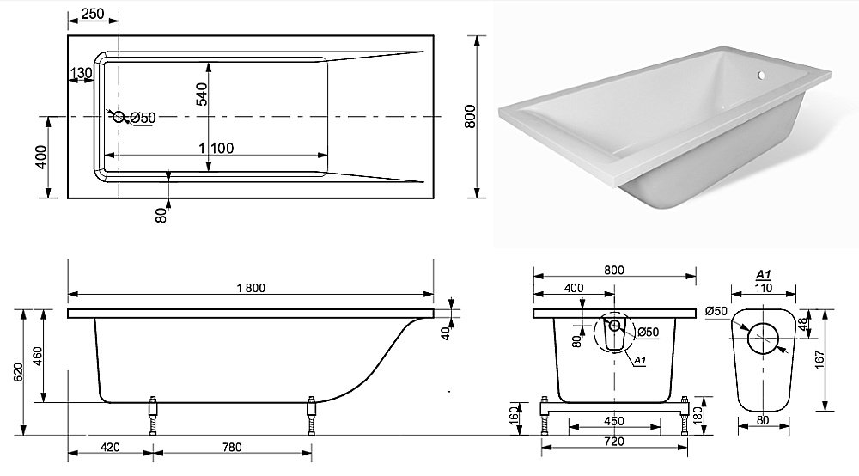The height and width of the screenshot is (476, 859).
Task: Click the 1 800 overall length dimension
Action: point(251,290)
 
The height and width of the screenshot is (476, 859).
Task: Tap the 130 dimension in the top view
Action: point(81,73)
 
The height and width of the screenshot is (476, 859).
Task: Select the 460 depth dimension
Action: point(38,357)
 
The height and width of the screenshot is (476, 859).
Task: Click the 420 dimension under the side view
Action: point(110,447)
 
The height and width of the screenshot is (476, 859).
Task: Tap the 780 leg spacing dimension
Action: point(231,447)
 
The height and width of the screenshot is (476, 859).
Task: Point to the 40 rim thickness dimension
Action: point(444,333)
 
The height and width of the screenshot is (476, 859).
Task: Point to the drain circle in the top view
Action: point(118,117)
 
